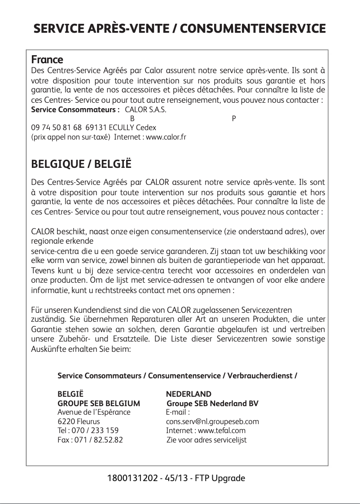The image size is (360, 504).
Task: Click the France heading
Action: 47,60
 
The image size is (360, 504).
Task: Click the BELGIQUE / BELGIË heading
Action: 81,164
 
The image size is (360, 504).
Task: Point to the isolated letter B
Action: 132,119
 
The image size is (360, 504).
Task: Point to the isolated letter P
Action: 233,119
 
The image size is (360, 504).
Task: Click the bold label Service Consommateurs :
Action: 75,110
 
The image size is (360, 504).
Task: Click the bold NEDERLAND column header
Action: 189,394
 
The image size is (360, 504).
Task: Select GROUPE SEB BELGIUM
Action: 99,403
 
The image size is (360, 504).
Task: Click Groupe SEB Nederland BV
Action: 212,403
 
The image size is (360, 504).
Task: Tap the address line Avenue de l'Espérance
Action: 94,412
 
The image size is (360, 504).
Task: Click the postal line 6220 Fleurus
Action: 79,422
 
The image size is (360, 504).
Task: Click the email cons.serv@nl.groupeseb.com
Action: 212,422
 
